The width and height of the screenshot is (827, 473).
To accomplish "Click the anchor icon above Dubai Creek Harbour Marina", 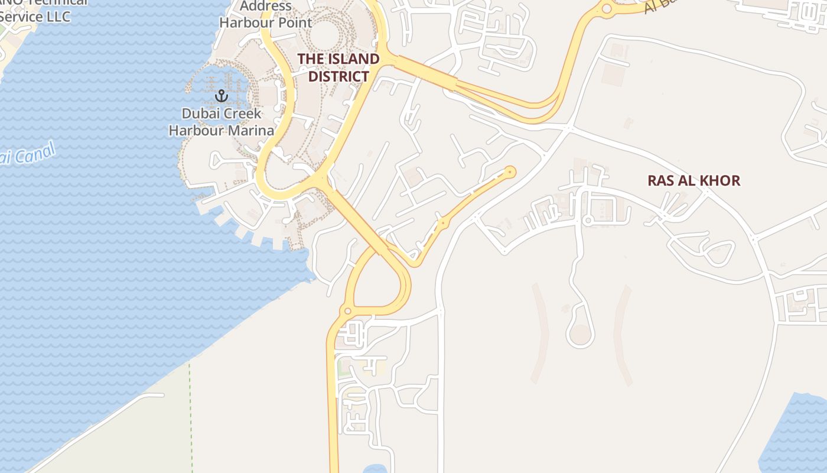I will tap(221, 95).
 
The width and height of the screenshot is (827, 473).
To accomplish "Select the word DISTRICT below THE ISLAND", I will tap(338, 76).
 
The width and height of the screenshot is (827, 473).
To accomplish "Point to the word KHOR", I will tap(718, 180).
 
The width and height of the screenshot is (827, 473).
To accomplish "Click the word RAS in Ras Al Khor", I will tap(660, 180).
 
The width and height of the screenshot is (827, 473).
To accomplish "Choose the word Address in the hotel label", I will tap(266, 7).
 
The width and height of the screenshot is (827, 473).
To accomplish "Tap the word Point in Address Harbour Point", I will tap(292, 23).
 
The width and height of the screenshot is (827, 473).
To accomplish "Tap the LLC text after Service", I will tap(57, 17).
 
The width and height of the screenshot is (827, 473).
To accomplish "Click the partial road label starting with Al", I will tap(656, 6).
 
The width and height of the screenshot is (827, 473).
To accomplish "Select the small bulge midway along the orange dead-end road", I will tap(442, 223).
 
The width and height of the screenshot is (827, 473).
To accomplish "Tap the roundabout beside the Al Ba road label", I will tap(606, 8).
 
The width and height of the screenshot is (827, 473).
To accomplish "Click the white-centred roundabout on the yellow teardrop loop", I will tap(347, 311).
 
